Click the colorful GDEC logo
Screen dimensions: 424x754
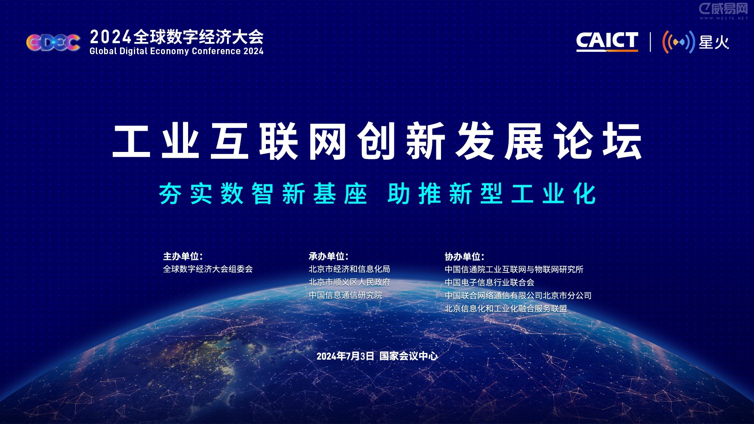(x=53, y=42)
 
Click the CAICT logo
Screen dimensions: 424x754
(x=607, y=41)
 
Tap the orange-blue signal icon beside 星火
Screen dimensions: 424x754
(x=678, y=42)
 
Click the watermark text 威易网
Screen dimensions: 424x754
(x=729, y=9)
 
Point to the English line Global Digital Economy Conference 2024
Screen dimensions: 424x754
(x=176, y=51)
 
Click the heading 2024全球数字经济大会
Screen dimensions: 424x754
(x=176, y=37)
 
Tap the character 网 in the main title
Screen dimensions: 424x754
(x=327, y=141)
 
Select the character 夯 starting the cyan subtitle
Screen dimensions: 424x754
(x=170, y=194)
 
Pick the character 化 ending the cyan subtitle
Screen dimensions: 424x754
(x=584, y=194)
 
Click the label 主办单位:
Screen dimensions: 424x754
(x=183, y=256)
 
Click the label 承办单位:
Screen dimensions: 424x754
(x=328, y=256)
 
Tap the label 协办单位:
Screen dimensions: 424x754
(x=464, y=257)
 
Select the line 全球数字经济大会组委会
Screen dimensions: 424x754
(x=208, y=269)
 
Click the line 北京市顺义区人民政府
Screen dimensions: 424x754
(x=349, y=282)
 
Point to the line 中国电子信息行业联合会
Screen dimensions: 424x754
(x=489, y=283)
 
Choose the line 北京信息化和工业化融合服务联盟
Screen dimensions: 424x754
(x=505, y=309)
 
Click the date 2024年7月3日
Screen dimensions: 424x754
(x=345, y=356)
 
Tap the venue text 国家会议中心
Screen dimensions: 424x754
(x=408, y=356)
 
